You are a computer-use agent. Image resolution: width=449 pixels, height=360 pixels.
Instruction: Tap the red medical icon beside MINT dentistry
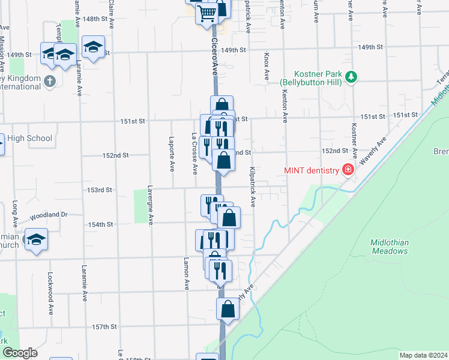pos(347,170)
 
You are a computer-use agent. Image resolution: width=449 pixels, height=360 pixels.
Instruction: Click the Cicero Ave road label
pos(215,57)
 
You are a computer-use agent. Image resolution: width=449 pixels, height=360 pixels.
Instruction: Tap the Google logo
pos(20,353)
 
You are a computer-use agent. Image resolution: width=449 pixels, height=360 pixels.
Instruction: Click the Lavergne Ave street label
pos(151,205)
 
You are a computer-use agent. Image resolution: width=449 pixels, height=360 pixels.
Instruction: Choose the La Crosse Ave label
pos(194,154)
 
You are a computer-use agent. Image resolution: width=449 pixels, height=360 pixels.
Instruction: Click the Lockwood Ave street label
pos(50,286)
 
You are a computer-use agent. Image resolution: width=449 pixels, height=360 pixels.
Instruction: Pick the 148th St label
pos(98,19)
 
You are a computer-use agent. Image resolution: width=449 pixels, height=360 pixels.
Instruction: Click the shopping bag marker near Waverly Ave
pos(228,310)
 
